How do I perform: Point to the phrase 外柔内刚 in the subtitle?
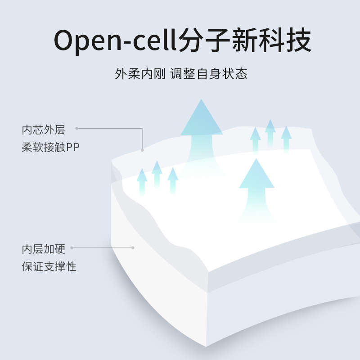pos(140,74)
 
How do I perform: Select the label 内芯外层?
pos(44,130)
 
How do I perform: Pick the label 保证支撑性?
pos(49,266)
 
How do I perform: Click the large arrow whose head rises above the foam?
pos(202,130)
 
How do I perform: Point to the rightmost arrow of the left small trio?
pos(173,180)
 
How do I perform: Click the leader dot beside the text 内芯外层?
pos(77,128)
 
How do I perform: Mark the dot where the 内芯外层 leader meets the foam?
pos(142,150)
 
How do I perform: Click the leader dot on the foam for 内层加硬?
pos(133,247)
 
